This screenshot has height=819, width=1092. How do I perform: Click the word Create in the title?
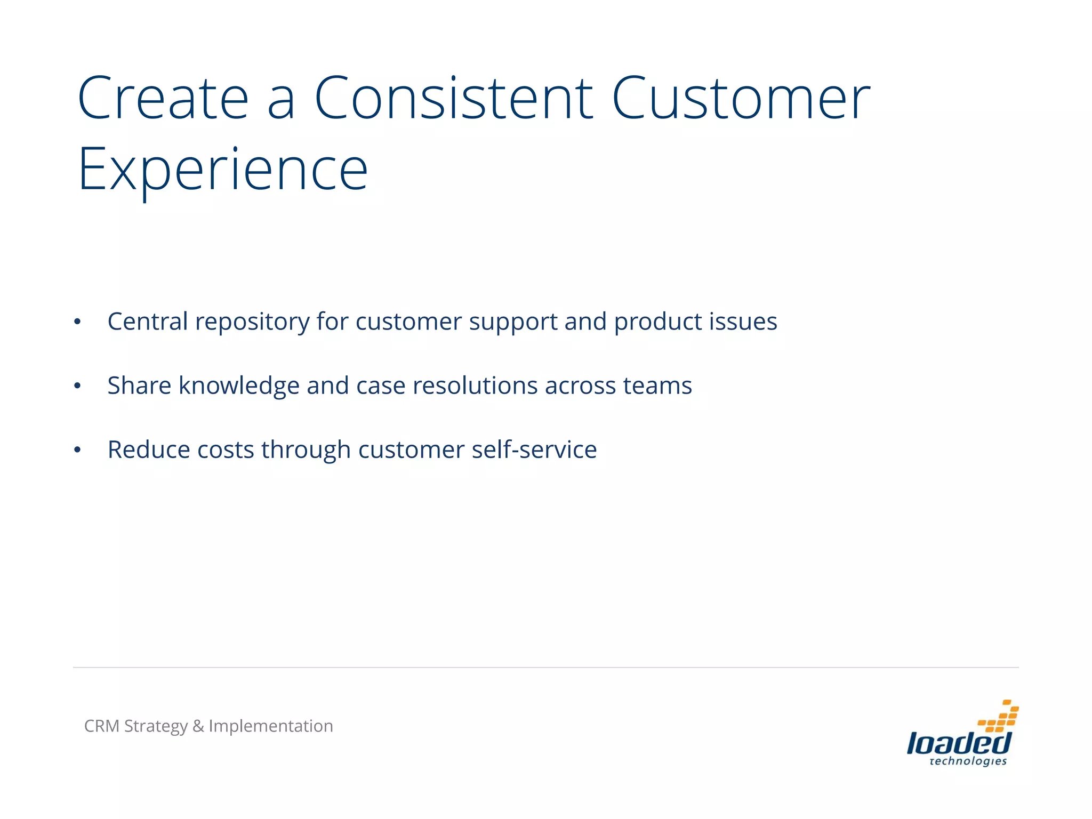click(163, 99)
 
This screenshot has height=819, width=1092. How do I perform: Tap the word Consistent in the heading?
click(453, 99)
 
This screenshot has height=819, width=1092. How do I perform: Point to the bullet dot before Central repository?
click(77, 322)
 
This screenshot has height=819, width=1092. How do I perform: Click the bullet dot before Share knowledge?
click(77, 386)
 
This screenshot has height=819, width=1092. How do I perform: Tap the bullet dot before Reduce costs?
click(77, 450)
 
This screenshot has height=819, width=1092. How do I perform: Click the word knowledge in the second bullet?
click(239, 386)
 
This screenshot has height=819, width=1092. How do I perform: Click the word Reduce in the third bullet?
click(149, 449)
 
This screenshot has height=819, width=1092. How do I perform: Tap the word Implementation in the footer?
click(271, 727)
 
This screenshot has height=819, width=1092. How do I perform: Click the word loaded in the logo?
click(958, 743)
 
